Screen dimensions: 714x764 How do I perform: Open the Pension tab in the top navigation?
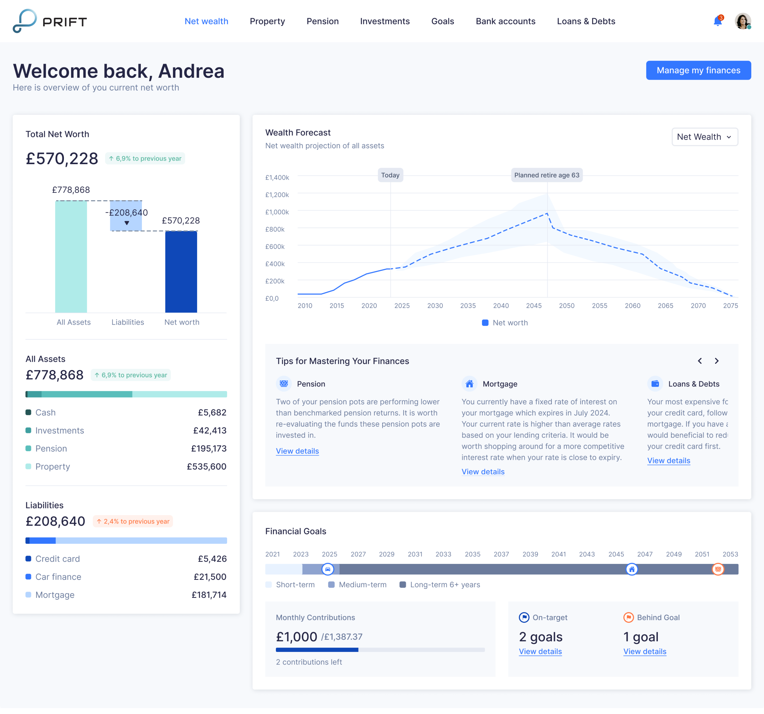click(x=322, y=21)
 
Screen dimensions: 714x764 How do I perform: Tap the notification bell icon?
click(x=717, y=21)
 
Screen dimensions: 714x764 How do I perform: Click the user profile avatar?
click(x=743, y=21)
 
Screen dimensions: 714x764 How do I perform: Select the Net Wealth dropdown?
click(x=704, y=137)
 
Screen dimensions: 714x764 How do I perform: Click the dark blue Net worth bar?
click(x=181, y=272)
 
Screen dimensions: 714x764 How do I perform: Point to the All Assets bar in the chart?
click(x=71, y=256)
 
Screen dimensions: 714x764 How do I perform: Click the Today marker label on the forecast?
click(x=390, y=175)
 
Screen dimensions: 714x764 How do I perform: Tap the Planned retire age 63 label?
click(x=546, y=175)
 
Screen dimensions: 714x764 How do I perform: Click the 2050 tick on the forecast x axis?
click(x=566, y=305)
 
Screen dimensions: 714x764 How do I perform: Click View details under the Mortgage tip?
click(x=483, y=471)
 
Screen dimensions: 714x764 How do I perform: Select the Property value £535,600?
click(x=206, y=467)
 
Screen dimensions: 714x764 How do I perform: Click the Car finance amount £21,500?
click(x=210, y=576)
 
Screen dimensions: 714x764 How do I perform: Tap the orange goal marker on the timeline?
click(x=717, y=569)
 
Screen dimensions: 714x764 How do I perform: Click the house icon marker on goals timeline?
click(x=631, y=569)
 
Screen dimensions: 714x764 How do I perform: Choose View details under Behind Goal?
click(x=645, y=651)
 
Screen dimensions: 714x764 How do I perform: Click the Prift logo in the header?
click(x=50, y=21)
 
